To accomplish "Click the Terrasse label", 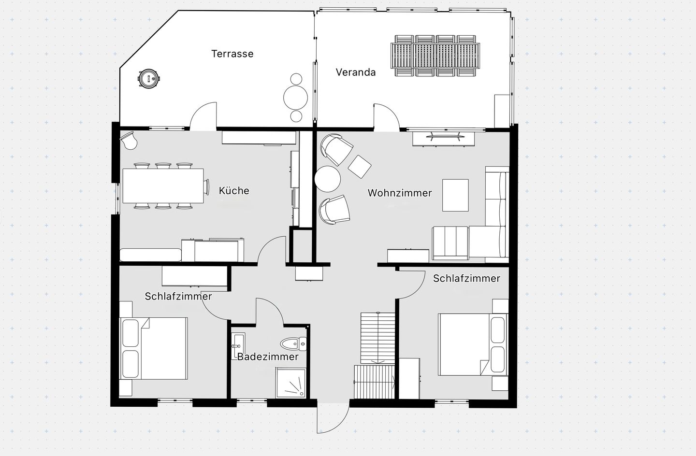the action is (232, 54).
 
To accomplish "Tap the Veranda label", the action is (356, 72).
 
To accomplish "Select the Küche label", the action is (234, 190).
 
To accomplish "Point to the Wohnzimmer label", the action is (400, 193).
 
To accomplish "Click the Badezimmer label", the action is (268, 356).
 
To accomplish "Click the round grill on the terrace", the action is (149, 78).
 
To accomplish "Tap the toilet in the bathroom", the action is (294, 343).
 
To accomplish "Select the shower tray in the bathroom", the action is (290, 383).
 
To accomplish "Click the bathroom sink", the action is (239, 346).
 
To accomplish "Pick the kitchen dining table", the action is (163, 186).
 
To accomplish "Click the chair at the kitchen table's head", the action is (207, 186).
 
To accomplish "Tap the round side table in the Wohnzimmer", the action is (328, 179).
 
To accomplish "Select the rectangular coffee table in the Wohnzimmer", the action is (455, 195).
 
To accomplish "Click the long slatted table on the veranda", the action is (435, 56).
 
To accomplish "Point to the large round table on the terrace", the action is (295, 98).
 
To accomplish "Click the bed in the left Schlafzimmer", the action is (154, 349).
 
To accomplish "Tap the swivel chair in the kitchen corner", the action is (130, 140).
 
